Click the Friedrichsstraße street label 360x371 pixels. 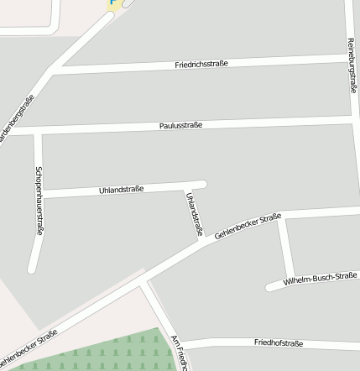201,64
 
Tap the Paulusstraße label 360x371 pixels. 180,126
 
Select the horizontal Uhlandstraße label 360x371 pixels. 122,190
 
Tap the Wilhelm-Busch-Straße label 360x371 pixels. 321,278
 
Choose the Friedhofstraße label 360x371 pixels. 278,343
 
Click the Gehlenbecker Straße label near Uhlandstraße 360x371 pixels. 247,227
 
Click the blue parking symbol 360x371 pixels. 113,3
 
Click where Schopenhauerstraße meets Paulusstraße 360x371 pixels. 37,132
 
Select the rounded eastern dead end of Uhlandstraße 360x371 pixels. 202,184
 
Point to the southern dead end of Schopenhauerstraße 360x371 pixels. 32,269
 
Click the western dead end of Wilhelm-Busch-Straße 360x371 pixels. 270,287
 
